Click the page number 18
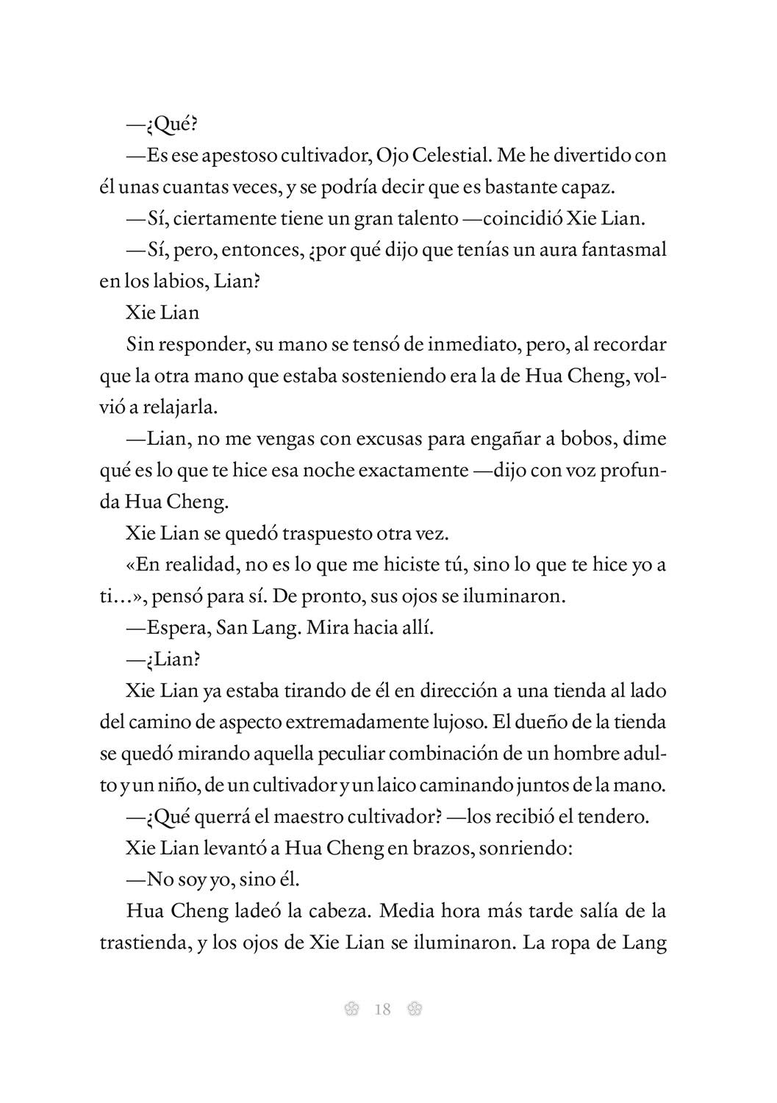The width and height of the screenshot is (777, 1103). (x=382, y=1009)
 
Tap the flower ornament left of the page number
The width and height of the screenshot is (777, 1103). (x=351, y=1009)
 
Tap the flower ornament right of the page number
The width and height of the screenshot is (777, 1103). (x=414, y=1009)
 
